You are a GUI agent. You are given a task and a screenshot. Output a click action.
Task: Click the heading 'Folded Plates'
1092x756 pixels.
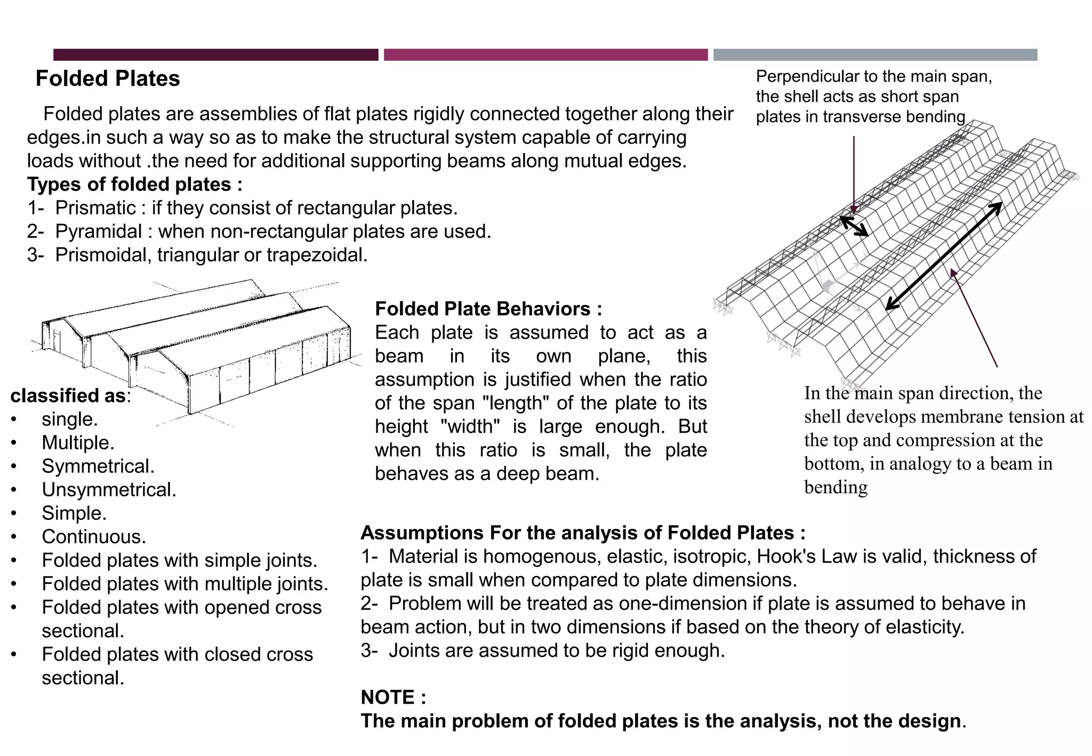point(108,78)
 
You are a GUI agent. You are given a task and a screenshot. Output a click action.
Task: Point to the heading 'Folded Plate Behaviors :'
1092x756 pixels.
point(488,309)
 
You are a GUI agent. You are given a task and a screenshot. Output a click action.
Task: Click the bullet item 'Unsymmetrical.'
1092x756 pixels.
point(109,489)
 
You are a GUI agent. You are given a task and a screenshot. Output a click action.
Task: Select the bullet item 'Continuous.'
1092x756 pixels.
point(94,536)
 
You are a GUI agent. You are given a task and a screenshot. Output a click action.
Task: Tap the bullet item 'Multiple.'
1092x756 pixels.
point(78,443)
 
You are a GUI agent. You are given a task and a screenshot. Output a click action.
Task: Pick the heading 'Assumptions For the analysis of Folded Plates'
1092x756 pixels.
point(582,533)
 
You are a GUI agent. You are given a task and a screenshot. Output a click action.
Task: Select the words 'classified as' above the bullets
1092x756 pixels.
point(68,396)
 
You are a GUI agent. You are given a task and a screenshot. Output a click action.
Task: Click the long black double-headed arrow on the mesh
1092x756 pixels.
point(944,256)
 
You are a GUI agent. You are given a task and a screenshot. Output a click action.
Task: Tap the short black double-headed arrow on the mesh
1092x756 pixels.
point(854,226)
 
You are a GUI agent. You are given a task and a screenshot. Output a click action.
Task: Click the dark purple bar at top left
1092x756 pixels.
point(215,54)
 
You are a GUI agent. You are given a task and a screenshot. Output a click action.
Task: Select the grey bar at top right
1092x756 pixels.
point(875,54)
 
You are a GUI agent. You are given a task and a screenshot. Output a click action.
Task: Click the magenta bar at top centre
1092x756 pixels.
point(545,54)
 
